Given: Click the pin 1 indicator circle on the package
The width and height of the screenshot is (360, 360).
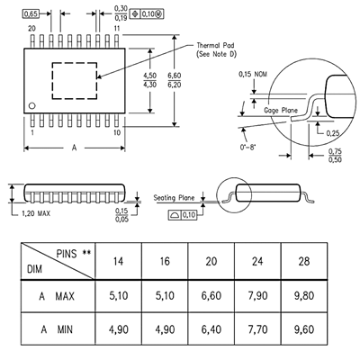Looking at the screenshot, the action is [31, 105].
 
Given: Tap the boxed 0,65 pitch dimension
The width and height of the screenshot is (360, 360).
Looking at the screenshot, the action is [31, 13].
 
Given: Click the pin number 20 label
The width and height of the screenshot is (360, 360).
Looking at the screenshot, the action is [31, 29].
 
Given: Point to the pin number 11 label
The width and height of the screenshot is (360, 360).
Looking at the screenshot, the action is [117, 29].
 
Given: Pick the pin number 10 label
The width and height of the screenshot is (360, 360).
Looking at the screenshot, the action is [117, 132].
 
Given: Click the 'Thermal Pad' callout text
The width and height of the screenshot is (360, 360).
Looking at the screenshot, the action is [215, 46].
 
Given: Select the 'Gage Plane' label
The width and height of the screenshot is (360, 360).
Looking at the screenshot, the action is [281, 111].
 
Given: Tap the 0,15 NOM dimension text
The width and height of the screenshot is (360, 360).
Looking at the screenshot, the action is [253, 74].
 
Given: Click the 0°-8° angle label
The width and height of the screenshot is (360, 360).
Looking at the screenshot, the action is [247, 148].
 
